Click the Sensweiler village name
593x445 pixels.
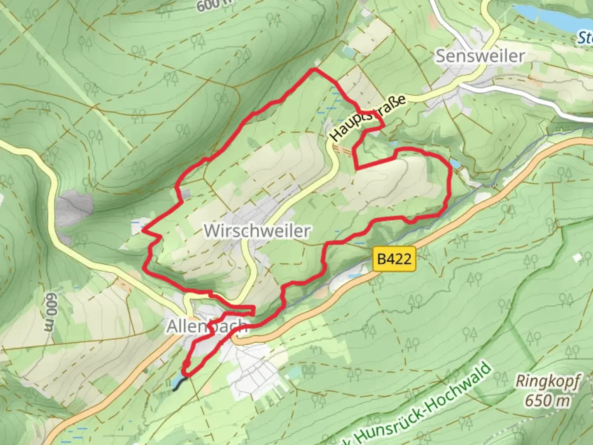tap(480, 56)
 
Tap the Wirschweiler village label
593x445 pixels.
tap(257, 231)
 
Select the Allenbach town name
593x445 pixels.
tap(207, 326)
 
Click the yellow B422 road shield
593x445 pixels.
tap(394, 259)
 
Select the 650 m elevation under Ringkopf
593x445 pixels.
tap(548, 400)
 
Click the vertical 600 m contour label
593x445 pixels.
tap(50, 312)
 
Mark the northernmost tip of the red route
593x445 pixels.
tap(315, 70)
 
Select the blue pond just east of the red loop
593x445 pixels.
tap(455, 164)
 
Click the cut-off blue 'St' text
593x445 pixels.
tap(585, 38)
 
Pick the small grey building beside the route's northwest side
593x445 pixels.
tap(187, 194)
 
